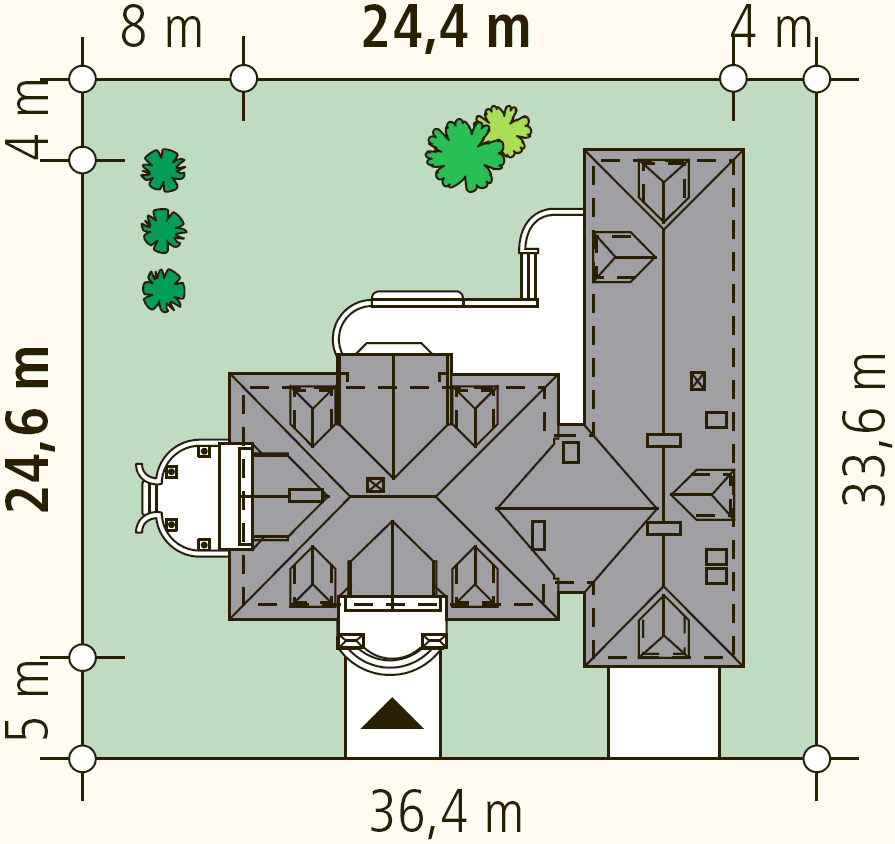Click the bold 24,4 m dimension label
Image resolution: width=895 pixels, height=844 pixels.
point(446,27)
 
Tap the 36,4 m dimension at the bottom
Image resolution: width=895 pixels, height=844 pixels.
point(446,811)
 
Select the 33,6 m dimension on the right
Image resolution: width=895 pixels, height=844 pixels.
point(864,429)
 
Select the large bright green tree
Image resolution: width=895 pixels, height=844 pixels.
point(464,155)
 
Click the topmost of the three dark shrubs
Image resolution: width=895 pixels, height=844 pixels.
point(164,170)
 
